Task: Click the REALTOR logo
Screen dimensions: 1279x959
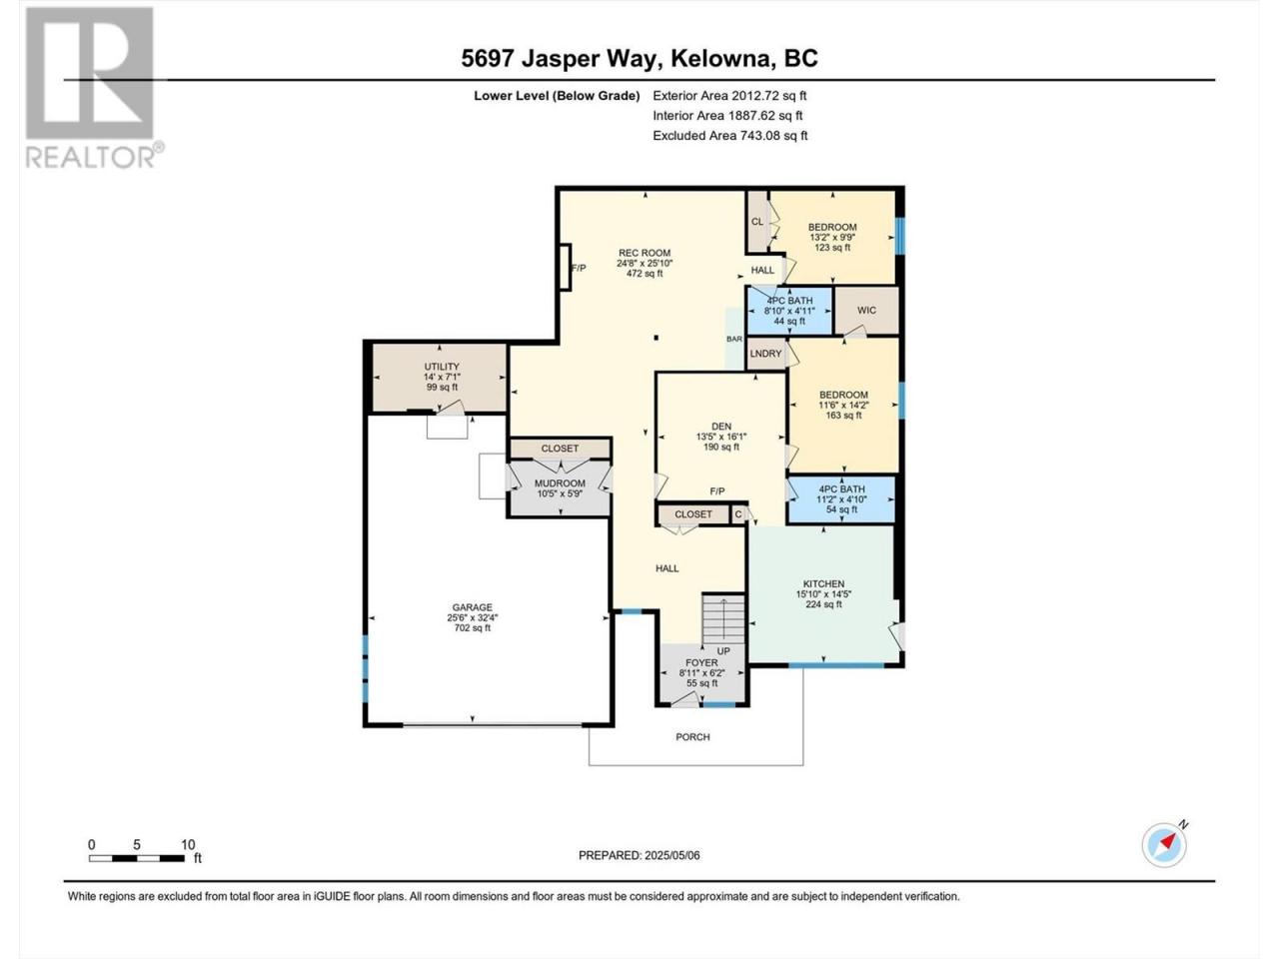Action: tap(94, 88)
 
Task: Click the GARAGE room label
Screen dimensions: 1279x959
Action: tap(472, 607)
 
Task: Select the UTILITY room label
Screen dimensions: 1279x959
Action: tap(442, 367)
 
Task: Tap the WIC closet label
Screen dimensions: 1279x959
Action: tap(866, 311)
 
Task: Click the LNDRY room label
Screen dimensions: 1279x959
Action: tap(765, 354)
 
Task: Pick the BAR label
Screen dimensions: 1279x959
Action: tap(734, 339)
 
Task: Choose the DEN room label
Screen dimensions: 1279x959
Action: tap(721, 427)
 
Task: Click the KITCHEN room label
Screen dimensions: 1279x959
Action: tap(824, 584)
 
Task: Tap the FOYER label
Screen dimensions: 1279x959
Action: tap(701, 662)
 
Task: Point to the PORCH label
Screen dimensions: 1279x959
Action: tap(692, 737)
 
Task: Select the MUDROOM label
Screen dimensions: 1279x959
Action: tap(560, 483)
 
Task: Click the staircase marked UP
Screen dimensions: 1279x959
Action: tap(723, 618)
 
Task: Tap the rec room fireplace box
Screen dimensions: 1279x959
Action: tap(565, 268)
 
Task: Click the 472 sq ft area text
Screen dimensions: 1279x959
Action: tap(644, 273)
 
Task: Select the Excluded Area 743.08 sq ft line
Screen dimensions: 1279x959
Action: tap(730, 136)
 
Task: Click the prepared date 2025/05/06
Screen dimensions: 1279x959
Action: tap(671, 855)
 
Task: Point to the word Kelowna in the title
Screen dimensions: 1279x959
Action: tap(721, 58)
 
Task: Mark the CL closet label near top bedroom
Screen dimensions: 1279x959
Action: tap(757, 221)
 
